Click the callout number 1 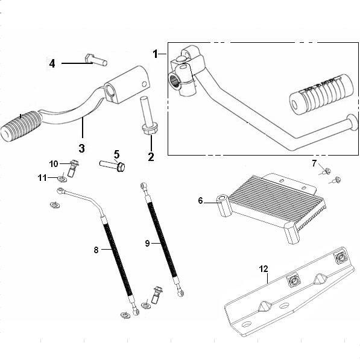click(x=156, y=54)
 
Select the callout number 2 click(x=151, y=157)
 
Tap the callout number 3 click(x=82, y=148)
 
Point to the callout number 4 click(x=52, y=63)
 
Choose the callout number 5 click(x=116, y=154)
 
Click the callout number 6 click(x=200, y=201)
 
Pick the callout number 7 click(x=314, y=163)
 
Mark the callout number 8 click(x=96, y=250)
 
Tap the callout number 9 click(x=147, y=243)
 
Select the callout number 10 click(x=54, y=164)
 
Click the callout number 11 click(x=42, y=178)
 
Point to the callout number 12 click(x=264, y=268)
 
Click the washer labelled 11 click(x=62, y=179)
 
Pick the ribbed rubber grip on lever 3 click(x=21, y=126)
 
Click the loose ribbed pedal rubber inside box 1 click(x=321, y=94)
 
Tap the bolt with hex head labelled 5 click(x=112, y=166)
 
